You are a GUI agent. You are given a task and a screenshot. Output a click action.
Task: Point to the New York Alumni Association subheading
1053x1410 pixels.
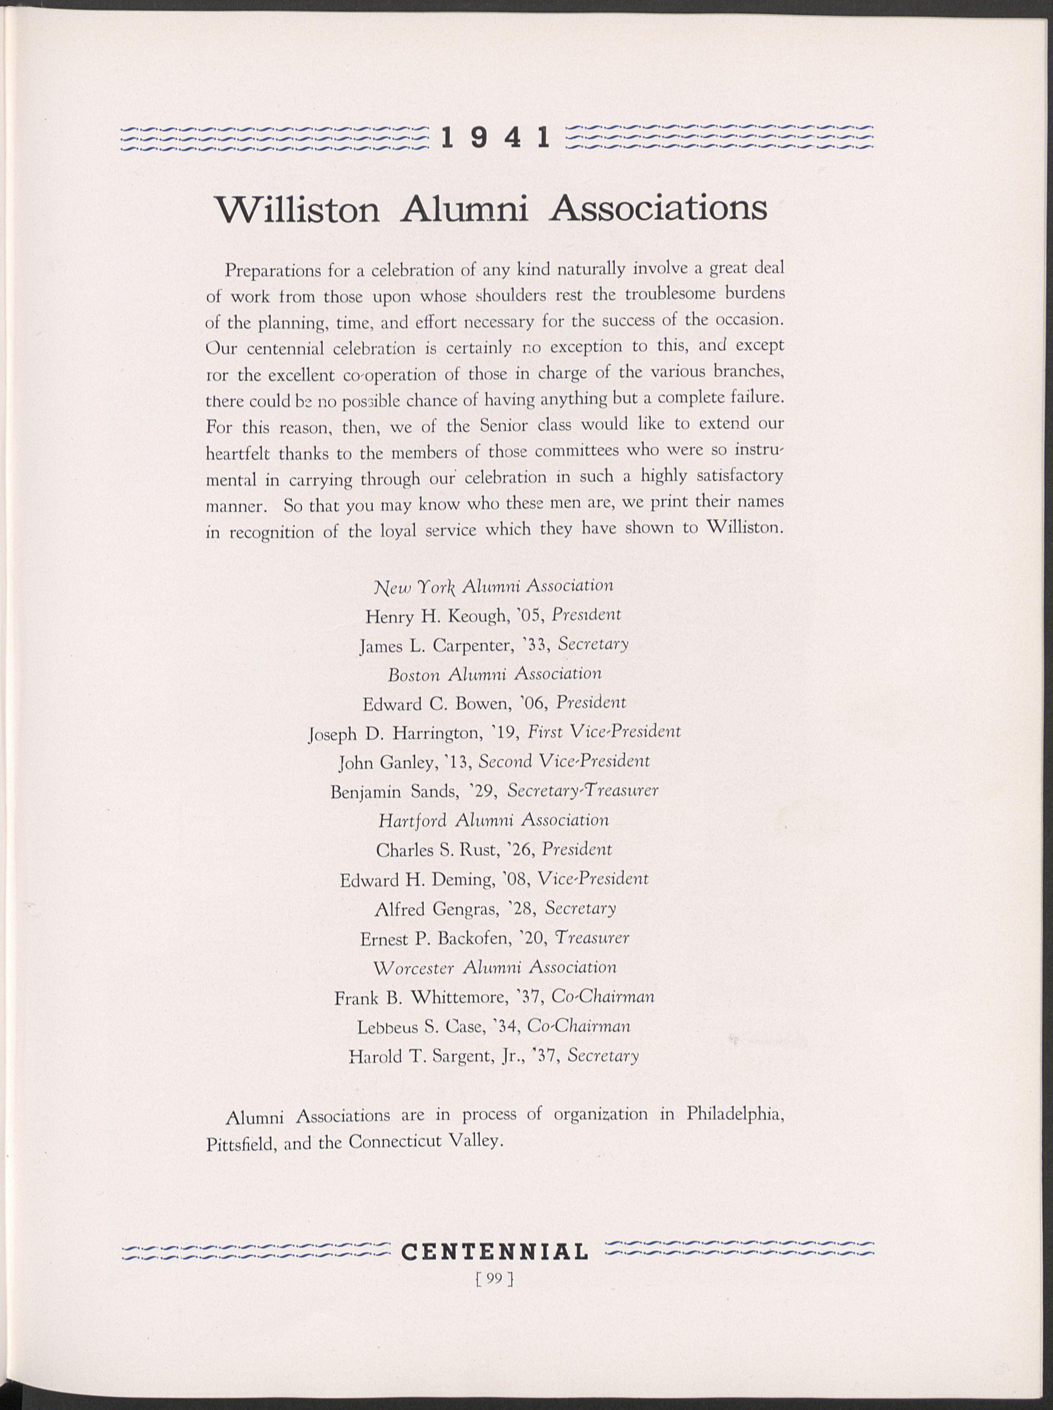pos(495,585)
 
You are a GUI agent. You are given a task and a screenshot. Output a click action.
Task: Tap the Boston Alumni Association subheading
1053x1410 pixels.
pos(495,674)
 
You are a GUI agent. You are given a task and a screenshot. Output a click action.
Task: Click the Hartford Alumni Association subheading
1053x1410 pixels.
pos(493,820)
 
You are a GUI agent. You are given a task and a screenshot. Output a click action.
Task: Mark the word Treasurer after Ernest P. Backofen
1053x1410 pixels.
pos(592,939)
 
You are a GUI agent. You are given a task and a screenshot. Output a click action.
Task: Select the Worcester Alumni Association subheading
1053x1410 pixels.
pos(495,968)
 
